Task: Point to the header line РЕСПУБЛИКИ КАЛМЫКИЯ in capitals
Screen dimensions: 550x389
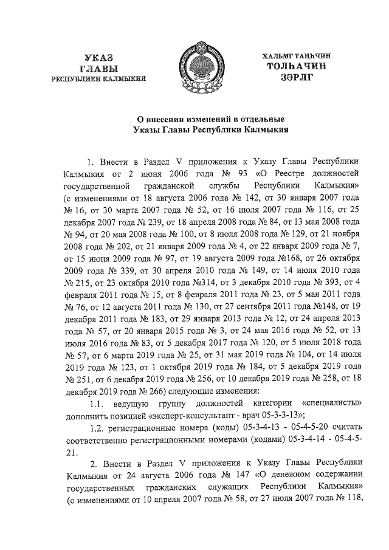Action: [x=103, y=79]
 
